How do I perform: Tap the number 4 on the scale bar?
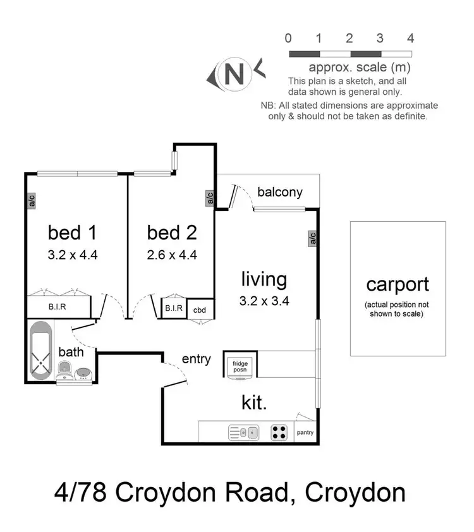pos(411,38)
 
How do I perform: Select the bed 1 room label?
pos(72,233)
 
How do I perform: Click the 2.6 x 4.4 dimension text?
pos(172,255)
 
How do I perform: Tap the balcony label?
pos(280,192)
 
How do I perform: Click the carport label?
pos(398,284)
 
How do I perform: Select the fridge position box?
pos(240,367)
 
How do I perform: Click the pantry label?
pos(305,433)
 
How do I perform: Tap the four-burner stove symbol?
pos(279,433)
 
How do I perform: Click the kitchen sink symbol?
pos(243,433)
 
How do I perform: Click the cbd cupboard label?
pos(200,309)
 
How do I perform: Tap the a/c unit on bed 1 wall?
pos(30,200)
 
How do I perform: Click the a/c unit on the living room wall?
pos(312,238)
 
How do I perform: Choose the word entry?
pos(196,359)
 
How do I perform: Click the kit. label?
pos(254,402)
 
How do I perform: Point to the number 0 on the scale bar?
pos(288,38)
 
